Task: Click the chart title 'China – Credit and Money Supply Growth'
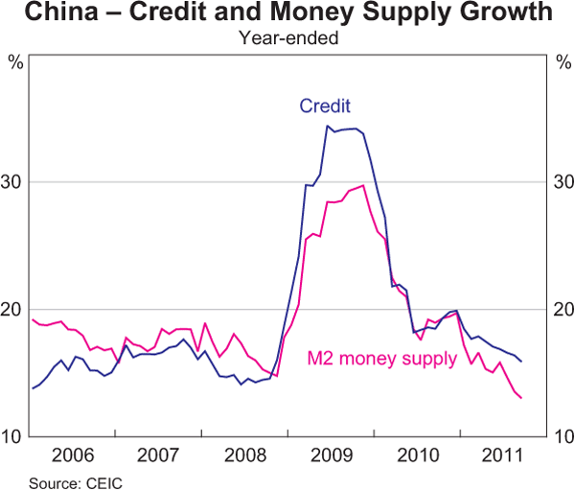[287, 14]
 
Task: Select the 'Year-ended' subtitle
[287, 38]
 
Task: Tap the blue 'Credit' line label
[324, 105]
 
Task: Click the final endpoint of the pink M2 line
[521, 398]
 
